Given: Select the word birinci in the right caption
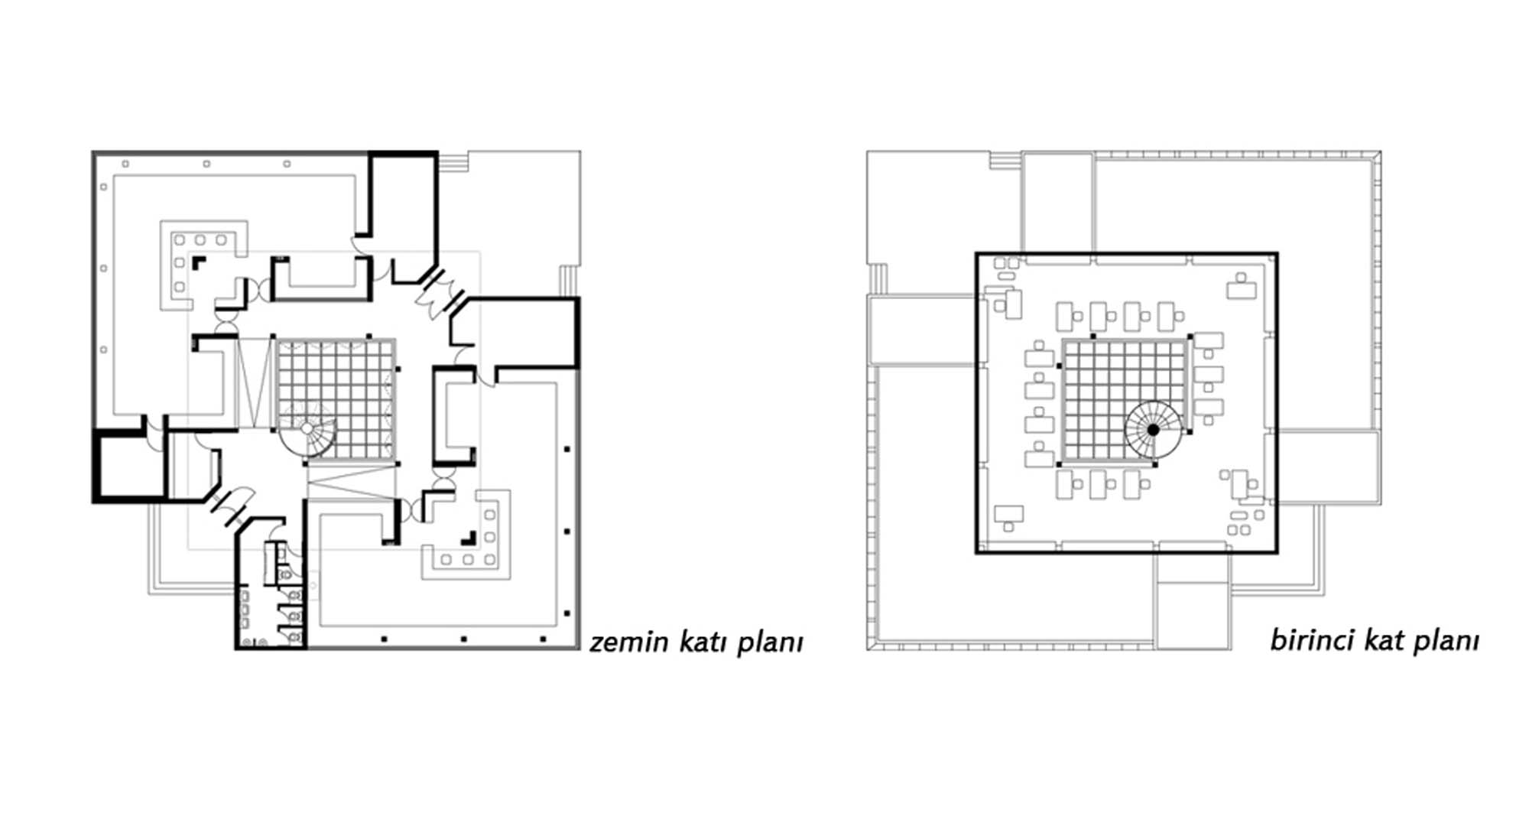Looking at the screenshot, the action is click(x=1308, y=639).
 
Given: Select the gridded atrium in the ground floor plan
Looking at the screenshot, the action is click(x=336, y=400).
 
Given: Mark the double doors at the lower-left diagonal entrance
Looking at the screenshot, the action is click(x=228, y=507).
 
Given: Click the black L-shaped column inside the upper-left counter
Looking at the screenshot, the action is click(x=199, y=262).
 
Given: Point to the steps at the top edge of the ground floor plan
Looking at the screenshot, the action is click(x=452, y=162).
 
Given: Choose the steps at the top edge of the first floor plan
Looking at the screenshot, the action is click(x=1005, y=160).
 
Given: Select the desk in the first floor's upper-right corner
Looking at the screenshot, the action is click(x=1242, y=288).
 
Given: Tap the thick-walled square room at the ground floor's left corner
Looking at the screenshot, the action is click(x=129, y=467).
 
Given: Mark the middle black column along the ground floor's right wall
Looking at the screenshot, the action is click(x=567, y=532).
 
